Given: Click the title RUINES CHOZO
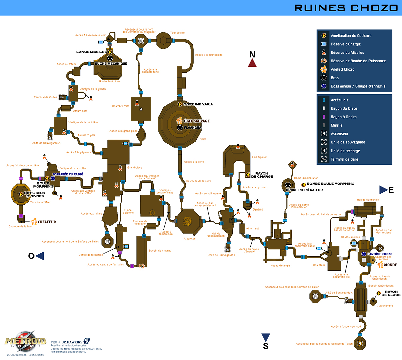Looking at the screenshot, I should pos(346,8).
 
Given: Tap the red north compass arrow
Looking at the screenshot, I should pos(252,63).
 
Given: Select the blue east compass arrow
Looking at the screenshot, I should pos(384,190).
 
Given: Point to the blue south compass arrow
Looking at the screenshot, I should pos(266,337).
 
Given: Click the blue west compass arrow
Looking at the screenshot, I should pos(40,256).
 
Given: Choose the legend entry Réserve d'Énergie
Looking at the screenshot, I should pos(346,44).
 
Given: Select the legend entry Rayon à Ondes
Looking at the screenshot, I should pos(343,117).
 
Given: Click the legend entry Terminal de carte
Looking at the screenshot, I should pos(344,159).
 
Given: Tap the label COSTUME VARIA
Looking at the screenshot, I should pos(198,104).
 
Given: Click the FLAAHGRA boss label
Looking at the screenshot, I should pos(192,128).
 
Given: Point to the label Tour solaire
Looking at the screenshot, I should pos(177,33).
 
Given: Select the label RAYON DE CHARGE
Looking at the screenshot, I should pos(262,175).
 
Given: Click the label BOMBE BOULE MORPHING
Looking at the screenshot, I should pos(330,184).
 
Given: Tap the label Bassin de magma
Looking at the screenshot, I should pos(160,251).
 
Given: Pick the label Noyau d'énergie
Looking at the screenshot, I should pos(280,266).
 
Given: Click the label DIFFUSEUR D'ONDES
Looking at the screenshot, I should pos(35,195).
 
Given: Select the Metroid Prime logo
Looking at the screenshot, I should pos(25,341).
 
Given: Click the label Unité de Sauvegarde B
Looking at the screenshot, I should pos(222,255).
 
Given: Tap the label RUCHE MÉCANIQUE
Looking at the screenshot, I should pos(111,64).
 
